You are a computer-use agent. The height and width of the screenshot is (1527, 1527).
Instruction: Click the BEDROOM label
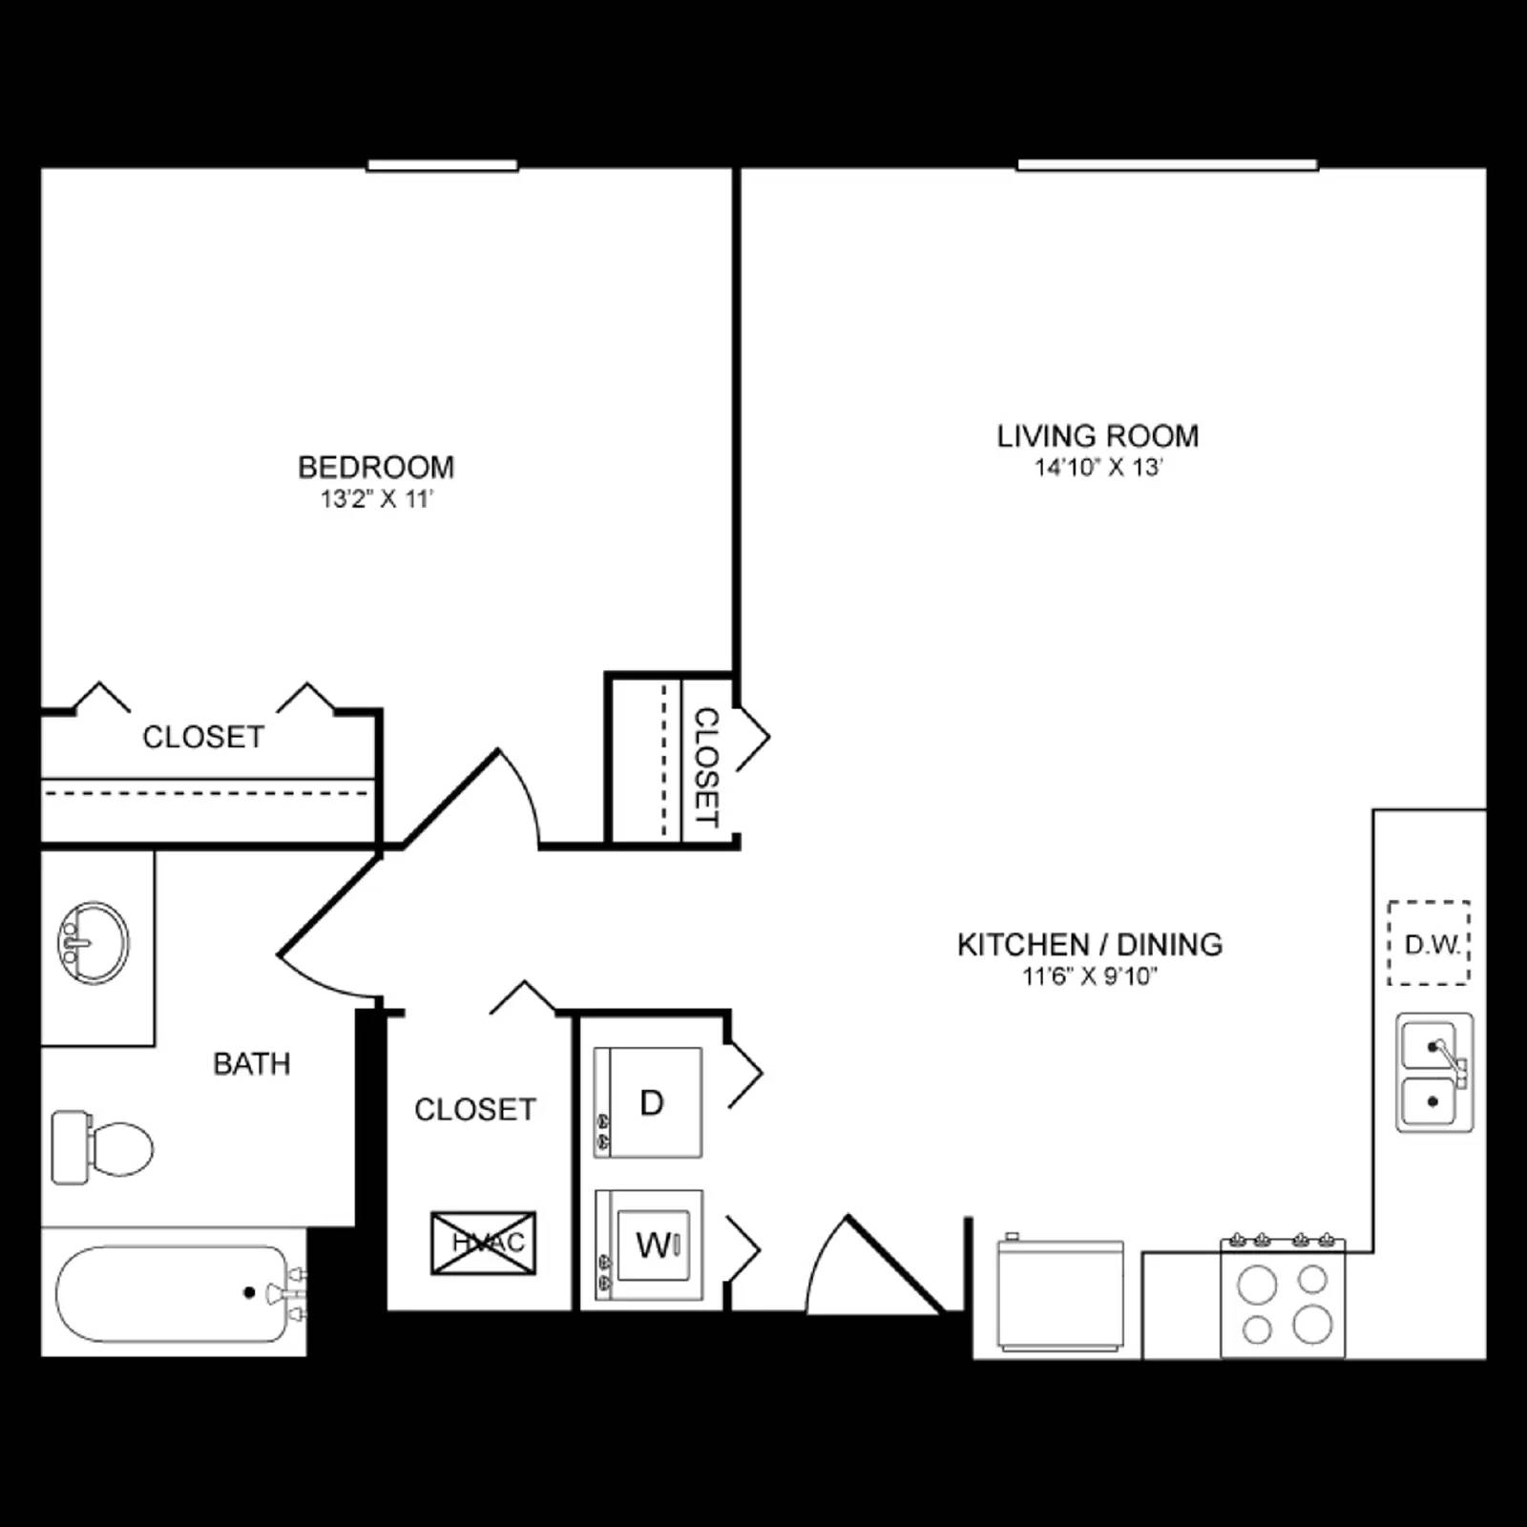point(376,467)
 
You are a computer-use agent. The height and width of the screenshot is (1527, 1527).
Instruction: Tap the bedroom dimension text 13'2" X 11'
point(377,498)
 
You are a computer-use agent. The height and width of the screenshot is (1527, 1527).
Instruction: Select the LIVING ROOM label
point(1098,436)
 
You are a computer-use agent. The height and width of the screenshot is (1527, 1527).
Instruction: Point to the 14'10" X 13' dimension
point(1098,468)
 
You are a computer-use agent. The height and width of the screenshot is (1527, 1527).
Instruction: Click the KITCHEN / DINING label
point(1090,945)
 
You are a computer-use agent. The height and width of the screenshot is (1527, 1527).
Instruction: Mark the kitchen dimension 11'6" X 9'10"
point(1090,976)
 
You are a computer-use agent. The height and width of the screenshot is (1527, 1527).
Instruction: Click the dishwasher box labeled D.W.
point(1429,943)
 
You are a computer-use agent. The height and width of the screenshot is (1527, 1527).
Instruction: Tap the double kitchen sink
point(1433,1073)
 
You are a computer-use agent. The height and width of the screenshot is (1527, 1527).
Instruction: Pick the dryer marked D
point(649,1102)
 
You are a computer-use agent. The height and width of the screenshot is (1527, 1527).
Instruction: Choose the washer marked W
point(649,1245)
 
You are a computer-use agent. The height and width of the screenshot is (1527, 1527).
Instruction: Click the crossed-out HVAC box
point(484,1243)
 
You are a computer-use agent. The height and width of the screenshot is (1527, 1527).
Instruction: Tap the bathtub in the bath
point(172,1293)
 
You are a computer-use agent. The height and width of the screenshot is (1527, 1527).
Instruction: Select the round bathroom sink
point(94,942)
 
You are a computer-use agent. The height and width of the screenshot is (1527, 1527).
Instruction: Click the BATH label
point(251,1063)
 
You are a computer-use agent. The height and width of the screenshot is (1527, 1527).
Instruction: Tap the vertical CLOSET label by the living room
point(706,766)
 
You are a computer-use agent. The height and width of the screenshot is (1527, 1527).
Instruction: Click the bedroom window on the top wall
point(443,166)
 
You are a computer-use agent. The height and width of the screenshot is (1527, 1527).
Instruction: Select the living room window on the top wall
point(1167,165)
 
